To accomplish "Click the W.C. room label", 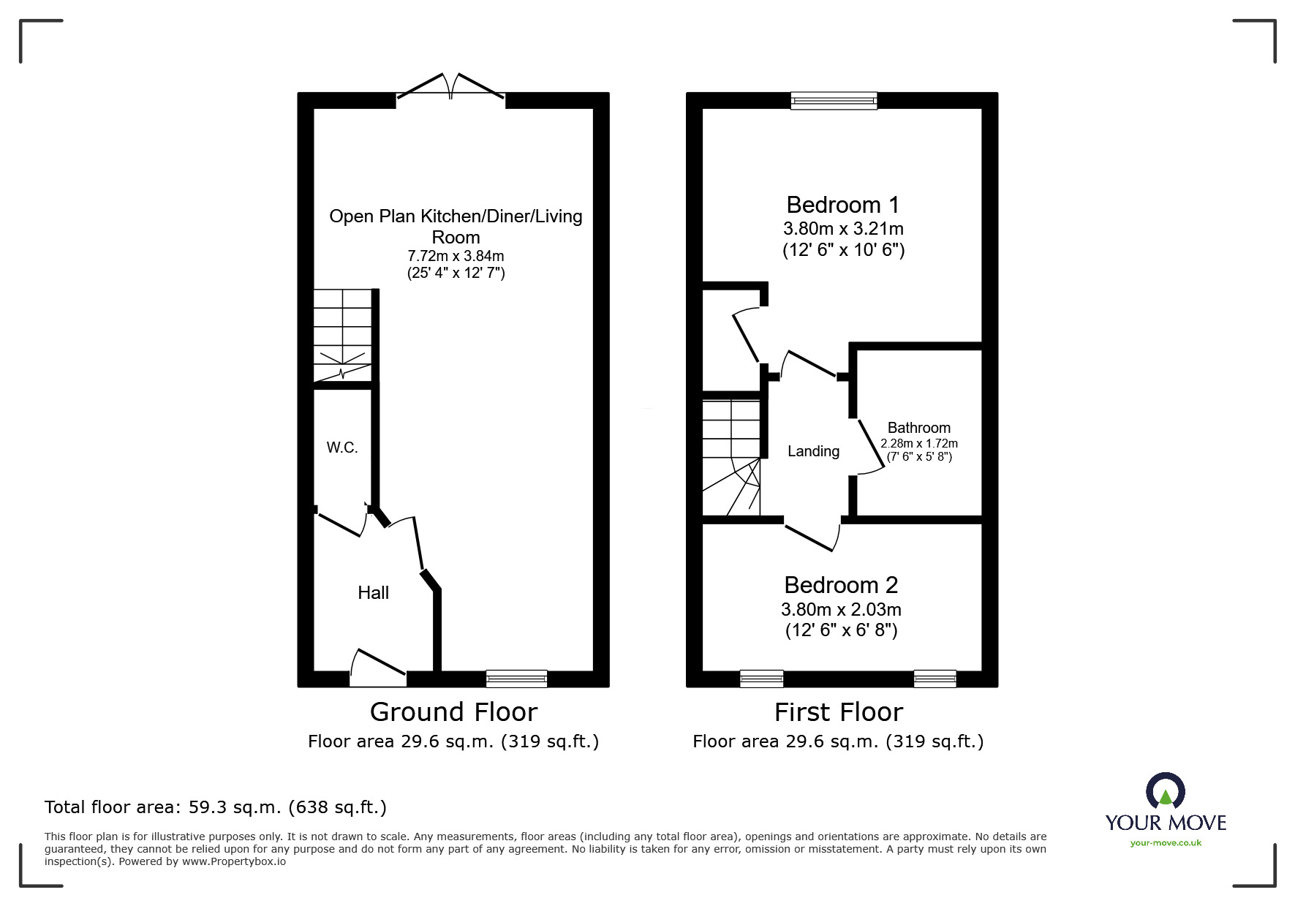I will (342, 448).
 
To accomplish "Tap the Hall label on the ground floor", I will (373, 593).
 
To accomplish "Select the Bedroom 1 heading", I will (842, 205).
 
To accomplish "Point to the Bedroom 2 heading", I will (841, 585).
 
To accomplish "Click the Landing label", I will (813, 451).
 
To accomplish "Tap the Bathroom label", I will (919, 428).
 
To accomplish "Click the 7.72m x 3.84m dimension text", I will (456, 257).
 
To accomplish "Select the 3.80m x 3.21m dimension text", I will (843, 228).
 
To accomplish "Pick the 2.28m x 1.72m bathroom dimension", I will (919, 443).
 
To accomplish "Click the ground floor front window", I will (516, 679).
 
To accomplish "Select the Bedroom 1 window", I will (834, 101).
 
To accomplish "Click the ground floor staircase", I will (342, 335).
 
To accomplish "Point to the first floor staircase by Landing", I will (731, 457).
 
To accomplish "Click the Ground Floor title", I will (453, 711).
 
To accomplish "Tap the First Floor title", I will (839, 711).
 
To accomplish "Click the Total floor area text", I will (216, 807).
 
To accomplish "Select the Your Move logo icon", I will (1165, 791).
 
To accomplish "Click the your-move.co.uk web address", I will (1166, 843).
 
